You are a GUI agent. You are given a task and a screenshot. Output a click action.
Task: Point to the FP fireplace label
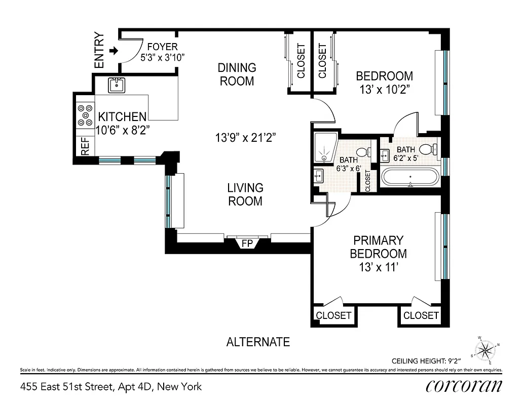tap(247, 244)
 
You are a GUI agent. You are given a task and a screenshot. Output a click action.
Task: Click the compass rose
tap(485, 349)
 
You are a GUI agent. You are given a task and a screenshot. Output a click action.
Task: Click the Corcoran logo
tap(464, 386)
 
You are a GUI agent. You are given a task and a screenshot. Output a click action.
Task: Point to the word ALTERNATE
tap(258, 342)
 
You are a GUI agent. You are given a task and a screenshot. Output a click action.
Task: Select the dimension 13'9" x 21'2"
tap(246, 137)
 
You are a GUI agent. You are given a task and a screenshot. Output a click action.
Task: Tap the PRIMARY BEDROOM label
tap(378, 247)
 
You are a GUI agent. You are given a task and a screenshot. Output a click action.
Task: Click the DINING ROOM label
tap(237, 74)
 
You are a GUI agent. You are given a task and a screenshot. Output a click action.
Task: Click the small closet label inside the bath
tap(367, 181)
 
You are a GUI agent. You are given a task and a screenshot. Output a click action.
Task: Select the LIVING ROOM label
tap(245, 194)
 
